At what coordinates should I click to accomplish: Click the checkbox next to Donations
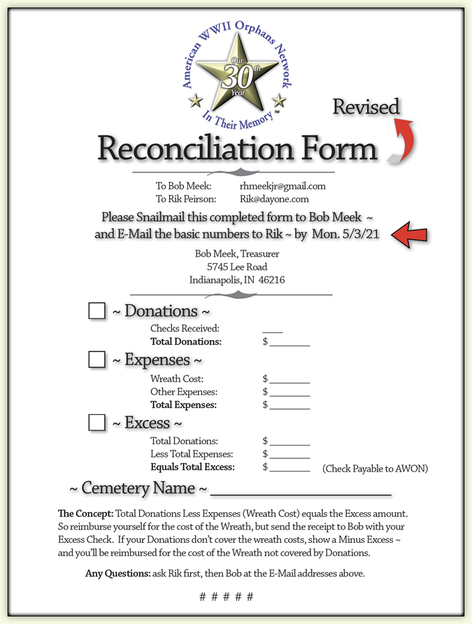click(97, 311)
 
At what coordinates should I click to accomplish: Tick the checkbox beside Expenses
click(97, 360)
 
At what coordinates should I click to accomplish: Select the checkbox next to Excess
click(97, 423)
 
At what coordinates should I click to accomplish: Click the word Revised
click(366, 107)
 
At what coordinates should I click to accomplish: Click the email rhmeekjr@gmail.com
click(283, 186)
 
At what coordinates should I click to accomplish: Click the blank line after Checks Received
click(273, 329)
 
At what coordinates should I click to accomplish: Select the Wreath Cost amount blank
click(289, 381)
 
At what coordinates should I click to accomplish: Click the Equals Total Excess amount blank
click(289, 469)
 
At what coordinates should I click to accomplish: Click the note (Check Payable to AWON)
click(375, 469)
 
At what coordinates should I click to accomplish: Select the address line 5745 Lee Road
click(236, 267)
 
